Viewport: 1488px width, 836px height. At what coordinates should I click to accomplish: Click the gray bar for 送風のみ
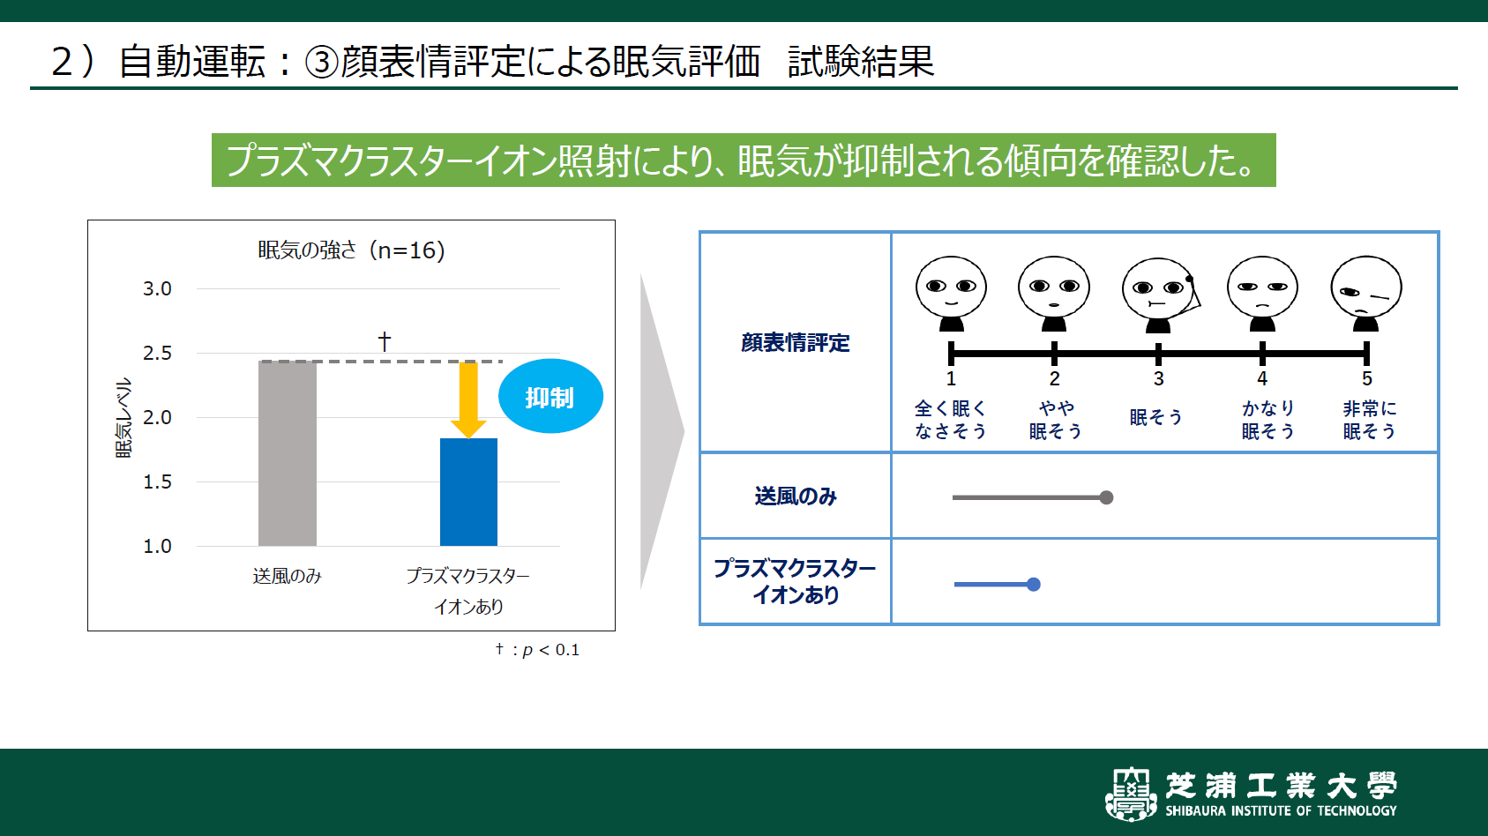[287, 453]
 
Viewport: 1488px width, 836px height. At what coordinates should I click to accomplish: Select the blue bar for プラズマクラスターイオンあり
[468, 492]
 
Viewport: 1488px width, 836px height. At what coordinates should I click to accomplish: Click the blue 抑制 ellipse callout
[550, 397]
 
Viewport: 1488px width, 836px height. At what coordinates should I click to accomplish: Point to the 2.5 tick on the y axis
[157, 353]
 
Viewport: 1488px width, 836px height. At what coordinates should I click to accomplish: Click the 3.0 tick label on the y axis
[157, 288]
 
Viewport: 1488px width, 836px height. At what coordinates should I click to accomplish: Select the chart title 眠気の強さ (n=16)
[351, 250]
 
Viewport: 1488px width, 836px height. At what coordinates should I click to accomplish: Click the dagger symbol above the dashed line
[384, 341]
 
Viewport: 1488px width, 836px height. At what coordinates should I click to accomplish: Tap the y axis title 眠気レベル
[123, 417]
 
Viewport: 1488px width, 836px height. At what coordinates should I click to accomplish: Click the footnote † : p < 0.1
[537, 650]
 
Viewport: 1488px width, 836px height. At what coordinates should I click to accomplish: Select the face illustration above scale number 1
[951, 292]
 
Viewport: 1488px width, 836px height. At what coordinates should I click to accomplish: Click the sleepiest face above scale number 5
[1365, 292]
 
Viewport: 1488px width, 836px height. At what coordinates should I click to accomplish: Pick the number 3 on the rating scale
[1158, 378]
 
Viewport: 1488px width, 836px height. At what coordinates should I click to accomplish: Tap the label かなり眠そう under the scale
[1267, 420]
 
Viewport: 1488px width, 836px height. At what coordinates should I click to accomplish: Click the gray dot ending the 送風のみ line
[1106, 497]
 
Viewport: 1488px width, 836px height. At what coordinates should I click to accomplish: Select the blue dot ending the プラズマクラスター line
[1034, 584]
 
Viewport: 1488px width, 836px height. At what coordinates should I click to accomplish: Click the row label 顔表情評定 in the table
[795, 342]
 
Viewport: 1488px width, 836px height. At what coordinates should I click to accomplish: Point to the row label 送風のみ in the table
[795, 496]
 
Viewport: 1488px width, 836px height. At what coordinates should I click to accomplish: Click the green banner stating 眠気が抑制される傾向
[743, 160]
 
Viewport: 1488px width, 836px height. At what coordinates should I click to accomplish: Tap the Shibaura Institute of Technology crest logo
[1131, 793]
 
